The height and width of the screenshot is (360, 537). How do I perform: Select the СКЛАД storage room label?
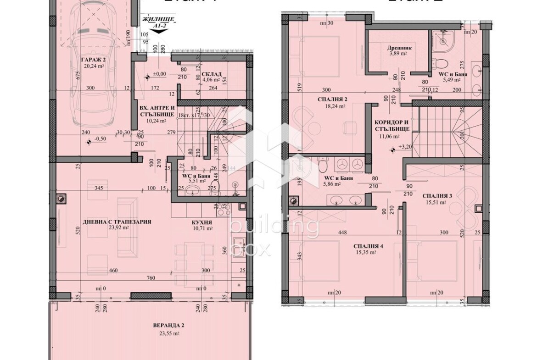[212, 74]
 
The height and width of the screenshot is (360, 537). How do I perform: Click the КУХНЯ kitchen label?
[202, 222]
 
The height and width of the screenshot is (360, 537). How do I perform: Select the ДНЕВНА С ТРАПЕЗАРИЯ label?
[117, 222]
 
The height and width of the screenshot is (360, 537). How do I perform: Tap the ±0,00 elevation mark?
[159, 74]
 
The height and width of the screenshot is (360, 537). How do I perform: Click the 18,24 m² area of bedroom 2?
[328, 105]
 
